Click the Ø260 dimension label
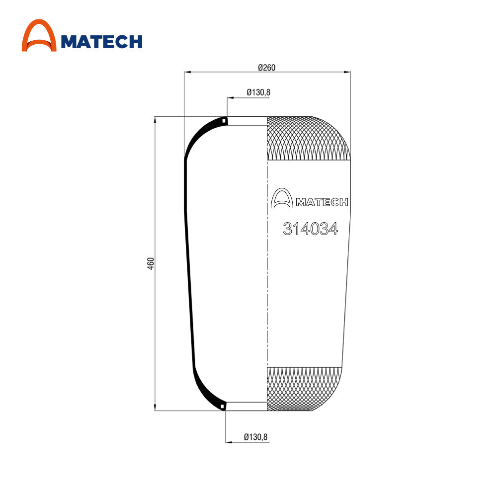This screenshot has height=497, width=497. [x=266, y=68]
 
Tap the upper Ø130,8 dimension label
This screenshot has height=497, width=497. [x=258, y=92]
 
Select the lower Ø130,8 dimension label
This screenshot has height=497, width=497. [x=255, y=437]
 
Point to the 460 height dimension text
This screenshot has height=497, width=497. [x=151, y=264]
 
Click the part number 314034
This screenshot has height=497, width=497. [x=310, y=229]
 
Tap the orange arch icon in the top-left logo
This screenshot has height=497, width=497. [x=39, y=35]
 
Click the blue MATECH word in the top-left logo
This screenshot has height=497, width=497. [x=101, y=42]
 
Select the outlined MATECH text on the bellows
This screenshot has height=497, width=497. [x=322, y=202]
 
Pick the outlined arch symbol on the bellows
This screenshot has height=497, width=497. [x=282, y=198]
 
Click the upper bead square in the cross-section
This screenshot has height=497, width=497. [x=224, y=121]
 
